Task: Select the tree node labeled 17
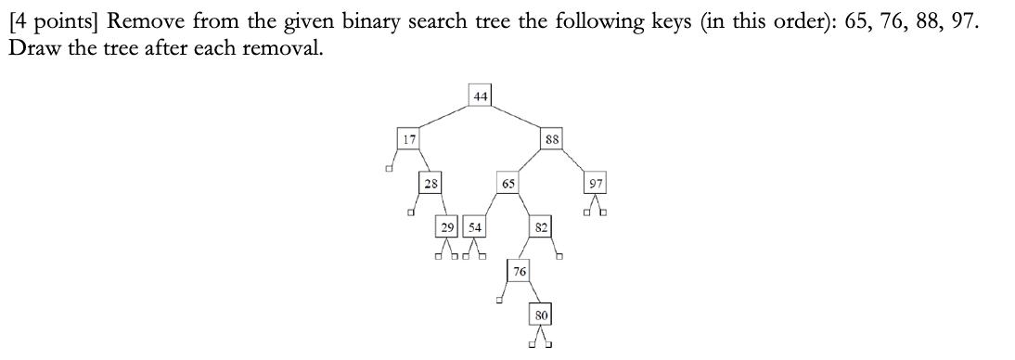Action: click(x=406, y=138)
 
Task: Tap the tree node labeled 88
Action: click(x=552, y=138)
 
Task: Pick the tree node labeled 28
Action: click(x=430, y=182)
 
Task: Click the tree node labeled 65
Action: click(x=508, y=182)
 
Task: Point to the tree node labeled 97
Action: click(x=595, y=182)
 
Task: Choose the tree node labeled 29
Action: click(x=448, y=226)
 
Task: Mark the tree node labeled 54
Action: click(x=473, y=226)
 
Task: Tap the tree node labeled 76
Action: click(x=520, y=270)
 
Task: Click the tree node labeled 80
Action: click(x=543, y=315)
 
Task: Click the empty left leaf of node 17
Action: click(x=389, y=168)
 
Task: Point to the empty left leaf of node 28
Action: click(x=410, y=212)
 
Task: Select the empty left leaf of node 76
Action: click(x=499, y=300)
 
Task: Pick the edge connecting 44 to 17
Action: click(x=443, y=117)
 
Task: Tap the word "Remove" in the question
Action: click(x=141, y=20)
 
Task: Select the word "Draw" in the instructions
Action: click(x=33, y=47)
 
